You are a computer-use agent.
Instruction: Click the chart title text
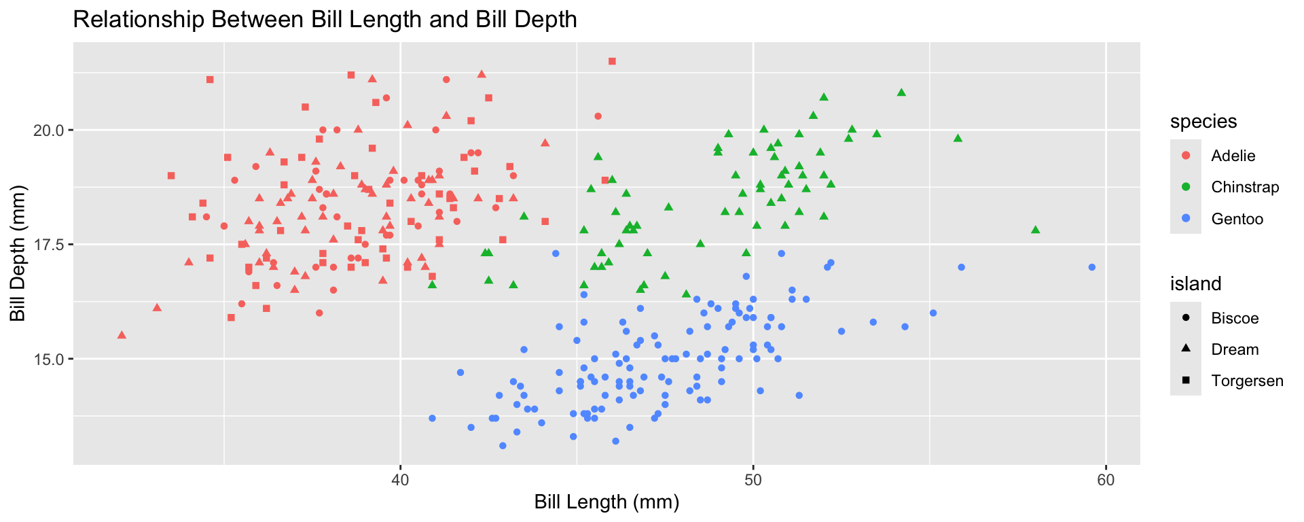tap(325, 20)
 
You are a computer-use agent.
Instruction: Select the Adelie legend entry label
tap(1233, 156)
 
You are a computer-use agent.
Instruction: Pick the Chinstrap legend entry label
tap(1244, 187)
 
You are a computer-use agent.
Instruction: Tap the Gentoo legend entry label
tap(1237, 219)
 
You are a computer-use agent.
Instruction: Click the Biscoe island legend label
tap(1235, 318)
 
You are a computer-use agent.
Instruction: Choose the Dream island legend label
tap(1235, 349)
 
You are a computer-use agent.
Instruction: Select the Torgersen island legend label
tap(1247, 381)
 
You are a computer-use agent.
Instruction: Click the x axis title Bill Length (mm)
tap(606, 502)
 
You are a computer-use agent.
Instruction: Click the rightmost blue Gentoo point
tap(1091, 267)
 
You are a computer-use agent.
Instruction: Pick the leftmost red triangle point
tap(122, 334)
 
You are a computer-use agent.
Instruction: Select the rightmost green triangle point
tap(1035, 230)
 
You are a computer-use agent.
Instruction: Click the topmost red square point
tap(612, 61)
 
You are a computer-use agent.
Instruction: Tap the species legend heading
tap(1203, 121)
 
